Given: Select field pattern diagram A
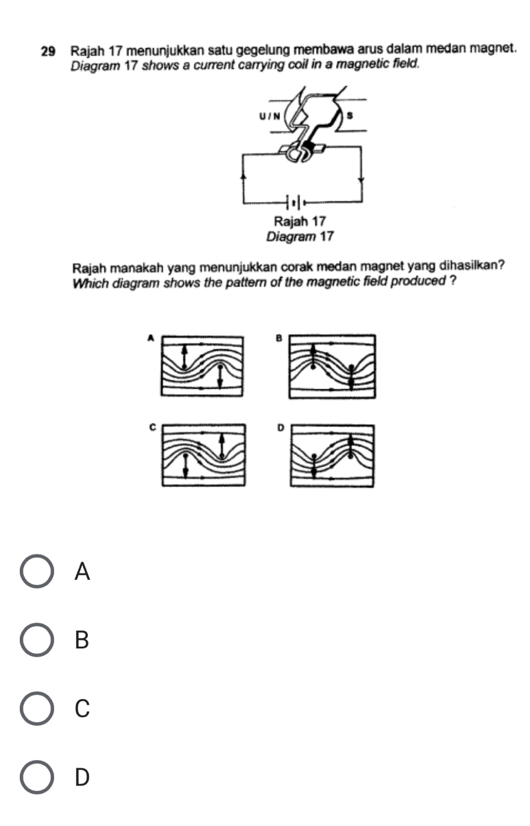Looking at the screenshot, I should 202,365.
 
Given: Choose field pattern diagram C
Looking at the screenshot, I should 203,455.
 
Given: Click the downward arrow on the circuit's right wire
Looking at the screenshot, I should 361,180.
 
